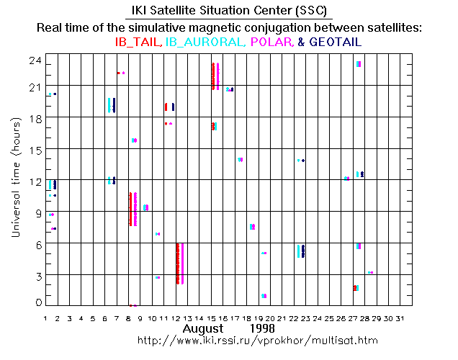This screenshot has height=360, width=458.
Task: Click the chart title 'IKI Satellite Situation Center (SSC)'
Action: [x=229, y=11]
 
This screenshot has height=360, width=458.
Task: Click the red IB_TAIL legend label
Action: [x=139, y=43]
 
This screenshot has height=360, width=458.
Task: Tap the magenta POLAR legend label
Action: [x=272, y=43]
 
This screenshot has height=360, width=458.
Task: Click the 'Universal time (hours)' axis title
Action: [x=15, y=180]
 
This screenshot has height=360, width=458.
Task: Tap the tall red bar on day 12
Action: [x=177, y=264]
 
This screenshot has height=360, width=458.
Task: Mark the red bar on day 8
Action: [x=130, y=209]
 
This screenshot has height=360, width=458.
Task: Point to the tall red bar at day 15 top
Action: [x=212, y=76]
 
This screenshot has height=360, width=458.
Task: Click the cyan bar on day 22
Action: [x=298, y=251]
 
